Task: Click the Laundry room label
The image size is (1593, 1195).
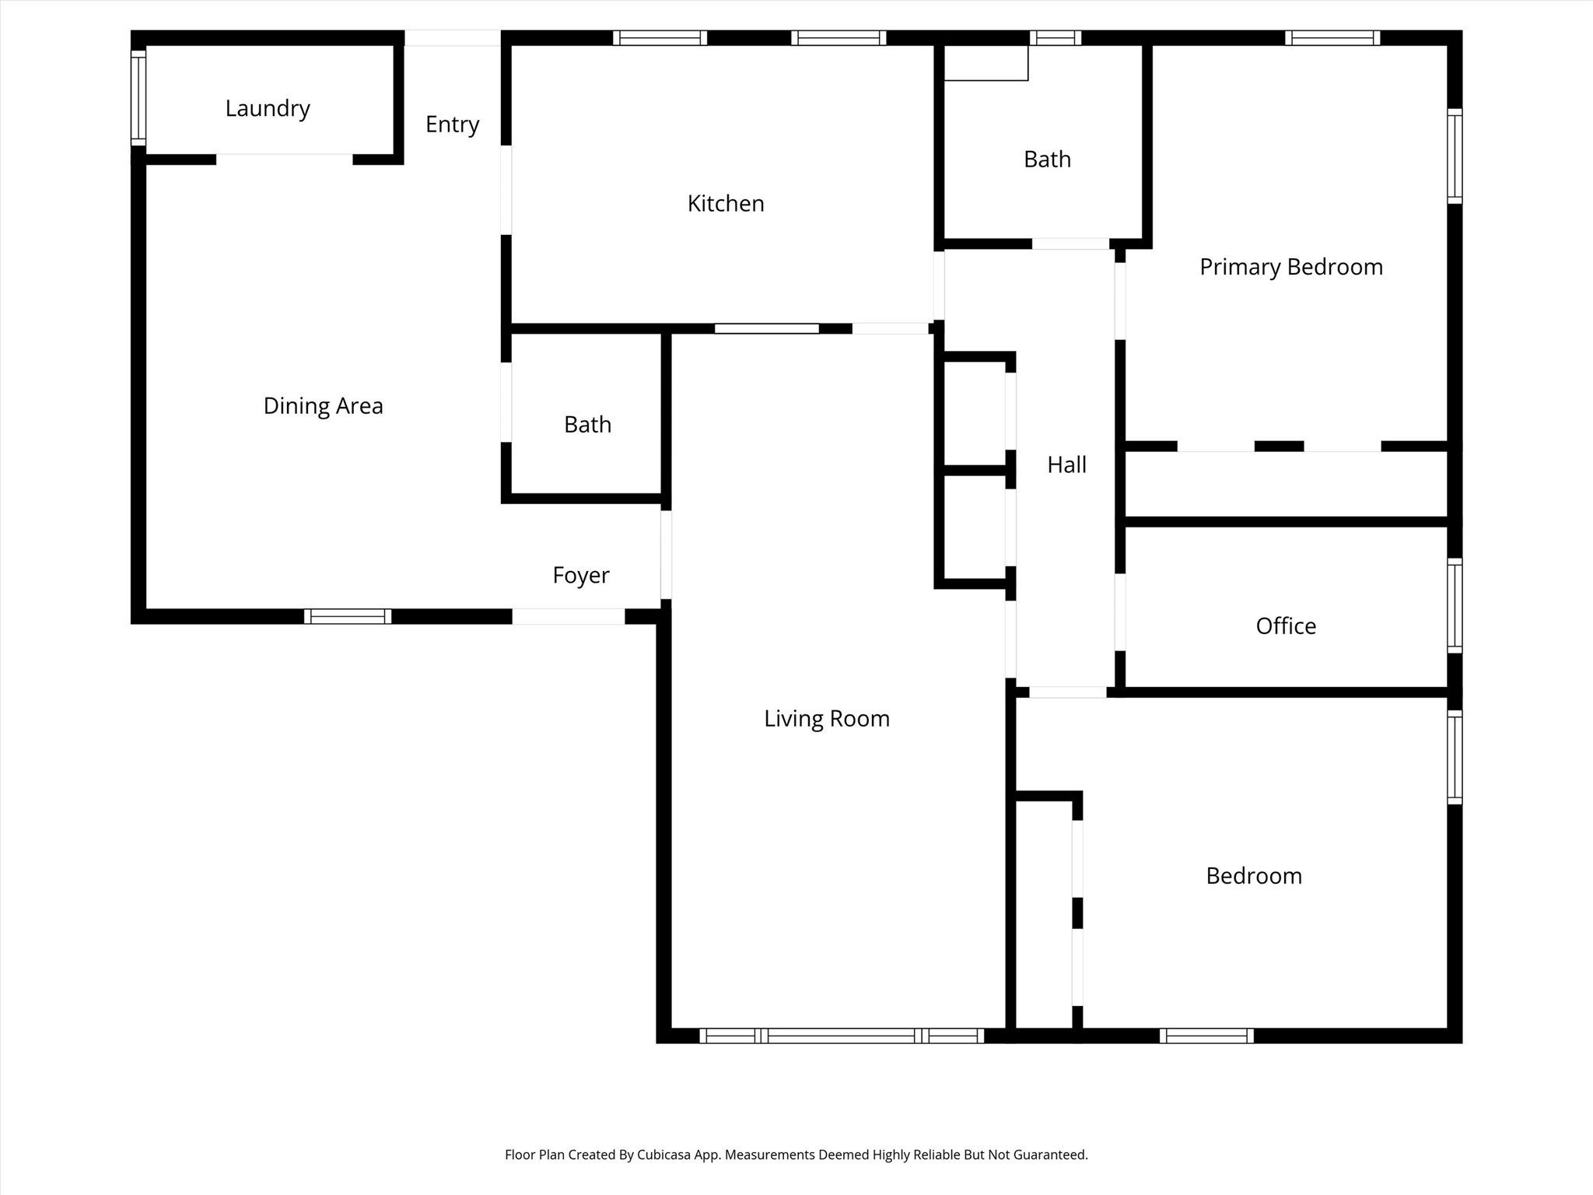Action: (x=268, y=109)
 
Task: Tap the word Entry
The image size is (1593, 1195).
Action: (x=452, y=124)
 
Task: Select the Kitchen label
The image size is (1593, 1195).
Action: (x=726, y=204)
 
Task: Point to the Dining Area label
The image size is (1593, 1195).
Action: (x=323, y=406)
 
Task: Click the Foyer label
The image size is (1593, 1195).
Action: (x=581, y=576)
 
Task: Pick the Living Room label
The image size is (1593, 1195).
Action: (x=827, y=719)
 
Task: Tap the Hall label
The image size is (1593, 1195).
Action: (x=1066, y=465)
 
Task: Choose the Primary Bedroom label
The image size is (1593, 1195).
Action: (x=1291, y=268)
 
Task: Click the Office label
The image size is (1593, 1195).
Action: (x=1286, y=626)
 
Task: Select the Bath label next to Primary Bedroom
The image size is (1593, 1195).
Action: (x=1047, y=159)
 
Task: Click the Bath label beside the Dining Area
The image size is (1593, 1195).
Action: (x=587, y=425)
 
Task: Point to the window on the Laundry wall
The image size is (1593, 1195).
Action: (x=138, y=97)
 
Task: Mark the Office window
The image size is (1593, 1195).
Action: (x=1455, y=605)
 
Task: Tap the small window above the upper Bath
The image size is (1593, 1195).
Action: (x=1056, y=37)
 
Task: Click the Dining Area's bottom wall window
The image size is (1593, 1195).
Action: (x=348, y=616)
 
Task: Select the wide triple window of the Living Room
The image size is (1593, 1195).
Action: (x=842, y=1036)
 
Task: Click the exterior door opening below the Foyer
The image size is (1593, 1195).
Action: (x=569, y=616)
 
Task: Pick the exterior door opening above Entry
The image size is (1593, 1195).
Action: (x=453, y=37)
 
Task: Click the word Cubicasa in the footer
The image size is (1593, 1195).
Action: (x=665, y=1155)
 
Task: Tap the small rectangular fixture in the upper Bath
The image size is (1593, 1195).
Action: (x=986, y=63)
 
